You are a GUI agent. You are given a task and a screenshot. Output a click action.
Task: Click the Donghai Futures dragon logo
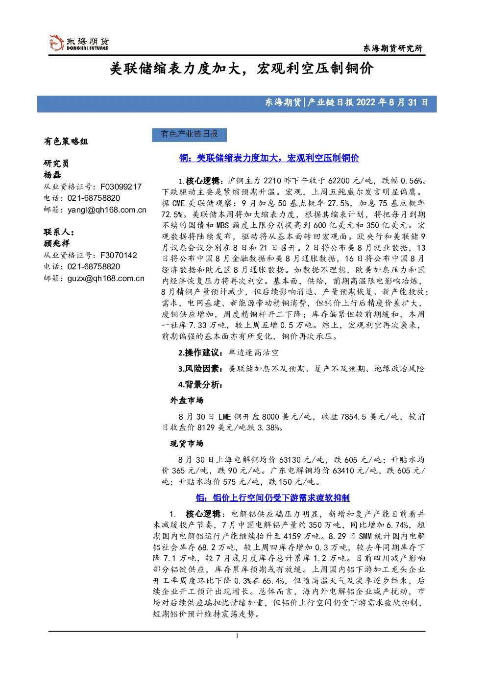(56, 43)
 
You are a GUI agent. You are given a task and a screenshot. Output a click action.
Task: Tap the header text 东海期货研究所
(393, 48)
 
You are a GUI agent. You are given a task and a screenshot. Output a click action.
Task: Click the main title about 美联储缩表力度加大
(242, 69)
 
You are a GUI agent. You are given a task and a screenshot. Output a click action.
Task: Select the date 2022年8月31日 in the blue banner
(392, 102)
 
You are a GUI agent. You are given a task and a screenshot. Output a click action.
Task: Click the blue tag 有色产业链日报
(189, 135)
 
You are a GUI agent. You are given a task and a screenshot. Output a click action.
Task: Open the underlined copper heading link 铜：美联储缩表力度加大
(269, 158)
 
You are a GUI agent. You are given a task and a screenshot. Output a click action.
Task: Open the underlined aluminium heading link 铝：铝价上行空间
(273, 498)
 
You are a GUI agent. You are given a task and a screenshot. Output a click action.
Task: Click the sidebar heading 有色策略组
(66, 142)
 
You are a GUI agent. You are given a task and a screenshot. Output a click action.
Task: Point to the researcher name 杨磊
(52, 175)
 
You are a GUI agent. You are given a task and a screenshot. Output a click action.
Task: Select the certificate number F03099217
(121, 187)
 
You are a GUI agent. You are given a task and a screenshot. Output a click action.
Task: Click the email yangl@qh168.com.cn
(107, 210)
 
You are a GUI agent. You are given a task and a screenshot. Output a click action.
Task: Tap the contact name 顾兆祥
(56, 243)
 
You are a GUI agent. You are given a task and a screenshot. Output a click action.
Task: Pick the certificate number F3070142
(119, 255)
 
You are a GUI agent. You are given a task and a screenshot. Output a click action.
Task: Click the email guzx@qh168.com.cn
(106, 279)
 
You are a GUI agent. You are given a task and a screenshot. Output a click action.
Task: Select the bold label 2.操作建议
(201, 353)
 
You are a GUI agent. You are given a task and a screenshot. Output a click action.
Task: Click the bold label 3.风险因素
(201, 369)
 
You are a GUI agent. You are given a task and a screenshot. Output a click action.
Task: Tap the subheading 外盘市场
(187, 401)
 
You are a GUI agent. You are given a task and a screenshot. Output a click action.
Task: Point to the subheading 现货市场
(187, 444)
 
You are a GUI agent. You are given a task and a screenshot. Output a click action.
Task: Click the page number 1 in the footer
(237, 636)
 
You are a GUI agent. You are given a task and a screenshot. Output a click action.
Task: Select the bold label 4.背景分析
(201, 384)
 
